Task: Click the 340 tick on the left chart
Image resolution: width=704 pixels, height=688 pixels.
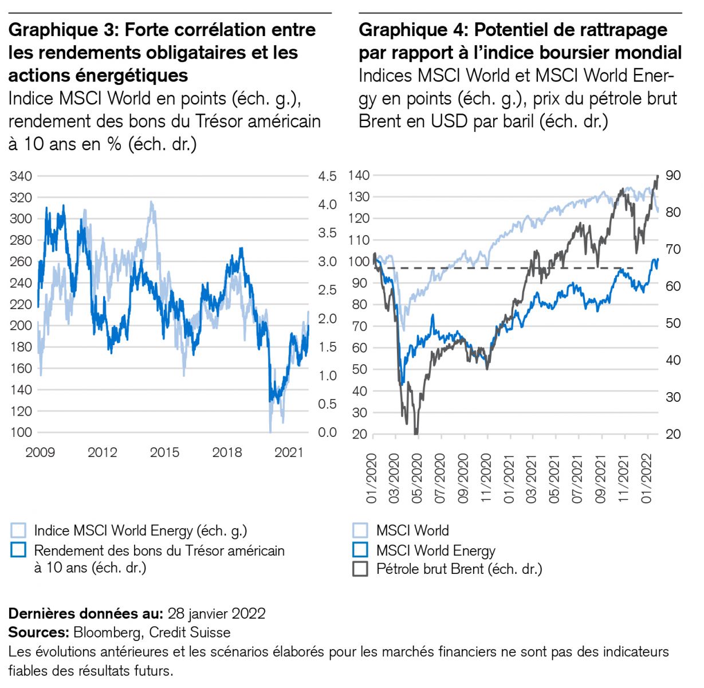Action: tap(21, 176)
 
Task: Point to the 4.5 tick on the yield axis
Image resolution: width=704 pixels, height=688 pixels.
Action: tap(327, 176)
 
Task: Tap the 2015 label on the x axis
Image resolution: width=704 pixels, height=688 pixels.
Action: tap(164, 453)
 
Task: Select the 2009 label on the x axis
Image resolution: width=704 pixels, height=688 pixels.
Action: tap(40, 453)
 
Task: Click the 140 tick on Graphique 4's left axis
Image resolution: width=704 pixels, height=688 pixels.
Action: tap(359, 175)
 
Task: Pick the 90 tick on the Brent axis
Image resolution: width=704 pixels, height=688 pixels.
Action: tap(673, 175)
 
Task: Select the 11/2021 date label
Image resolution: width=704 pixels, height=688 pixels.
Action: tap(625, 478)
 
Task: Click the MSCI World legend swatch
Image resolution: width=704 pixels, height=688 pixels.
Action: tap(360, 530)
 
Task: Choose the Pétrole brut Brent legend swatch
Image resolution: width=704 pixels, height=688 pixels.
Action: tap(360, 569)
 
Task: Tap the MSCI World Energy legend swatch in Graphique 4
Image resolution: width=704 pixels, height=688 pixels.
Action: tap(360, 550)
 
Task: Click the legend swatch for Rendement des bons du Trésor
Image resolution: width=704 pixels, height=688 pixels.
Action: tap(18, 550)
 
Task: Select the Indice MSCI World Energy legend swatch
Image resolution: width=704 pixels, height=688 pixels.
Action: tap(18, 530)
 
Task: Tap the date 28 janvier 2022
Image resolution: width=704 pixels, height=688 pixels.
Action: tap(217, 614)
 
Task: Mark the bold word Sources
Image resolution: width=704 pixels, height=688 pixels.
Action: tap(38, 632)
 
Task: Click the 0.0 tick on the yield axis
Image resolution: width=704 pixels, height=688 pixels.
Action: tap(327, 433)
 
